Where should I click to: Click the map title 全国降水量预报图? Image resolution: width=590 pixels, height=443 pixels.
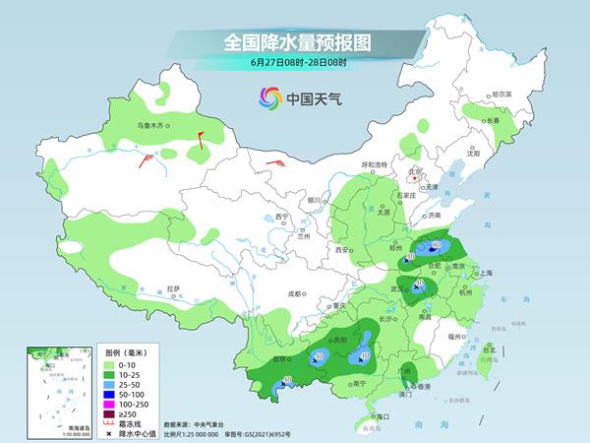click(x=295, y=42)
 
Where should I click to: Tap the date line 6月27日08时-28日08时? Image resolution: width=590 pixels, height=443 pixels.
click(x=295, y=63)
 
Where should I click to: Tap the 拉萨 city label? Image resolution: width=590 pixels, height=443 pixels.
click(x=173, y=288)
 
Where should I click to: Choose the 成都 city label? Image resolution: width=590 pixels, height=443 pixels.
click(x=295, y=292)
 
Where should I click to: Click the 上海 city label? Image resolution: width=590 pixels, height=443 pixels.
click(x=485, y=273)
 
